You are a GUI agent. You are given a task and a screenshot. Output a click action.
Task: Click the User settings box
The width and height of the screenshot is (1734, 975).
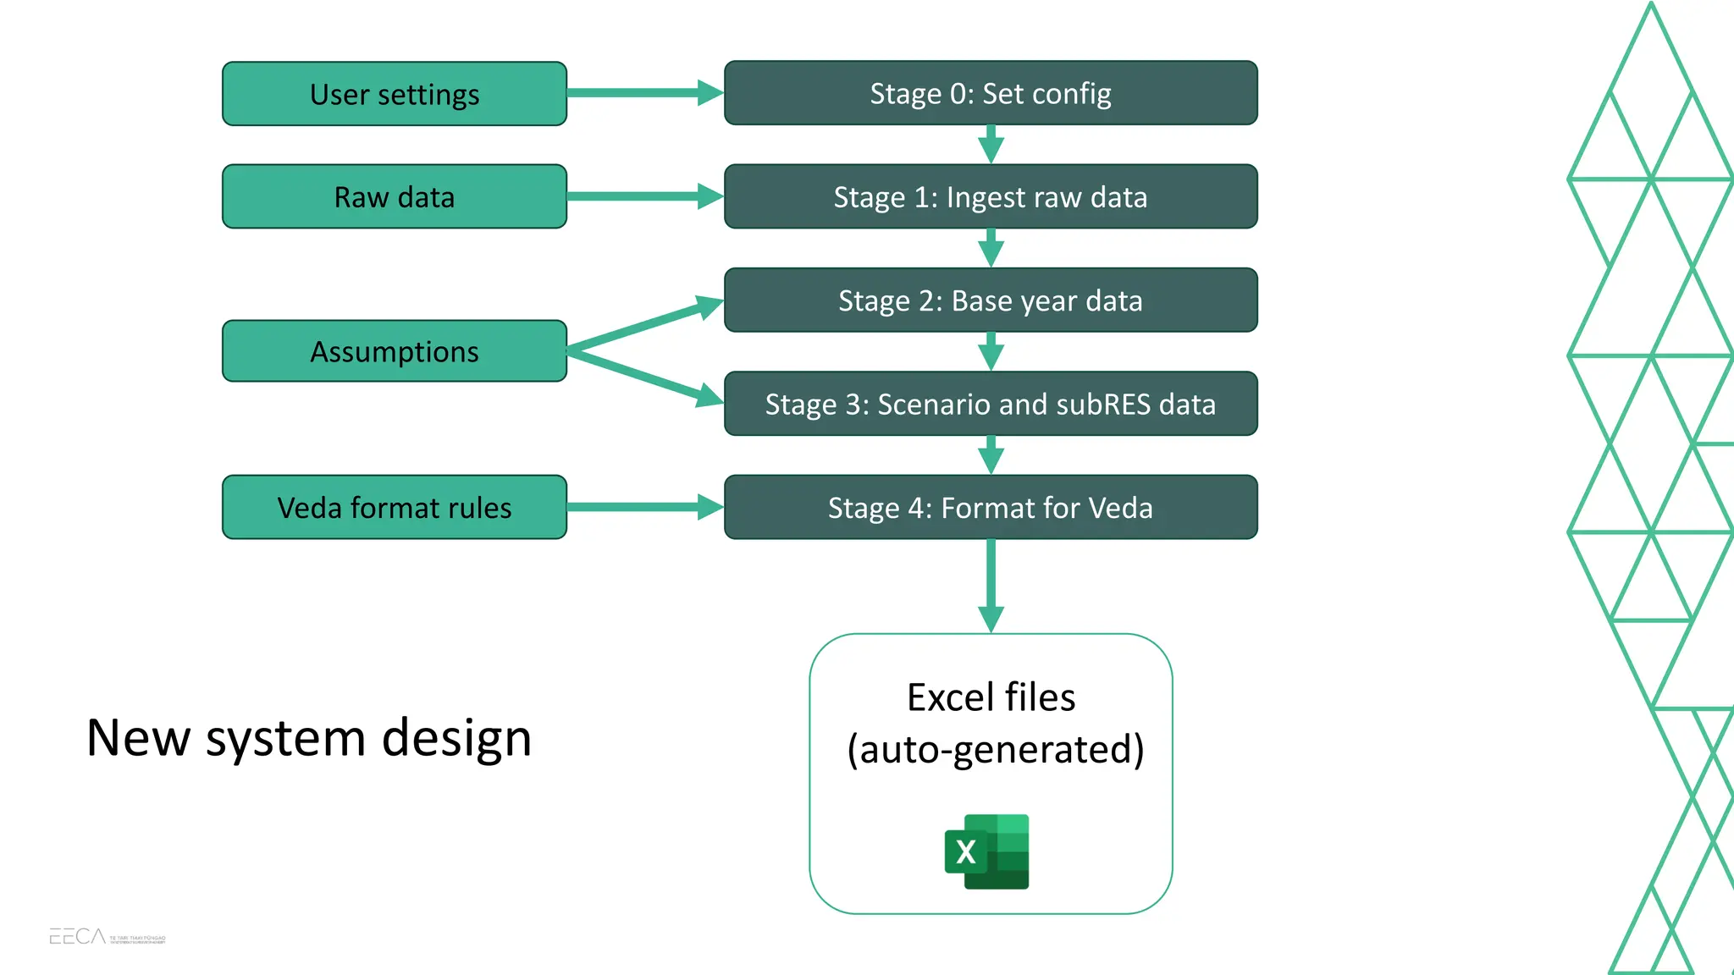[x=395, y=94]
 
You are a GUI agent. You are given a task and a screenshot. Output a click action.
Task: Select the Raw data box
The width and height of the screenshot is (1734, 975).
[x=395, y=196]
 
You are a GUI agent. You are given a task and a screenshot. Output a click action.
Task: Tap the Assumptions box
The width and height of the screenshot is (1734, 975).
[x=395, y=351]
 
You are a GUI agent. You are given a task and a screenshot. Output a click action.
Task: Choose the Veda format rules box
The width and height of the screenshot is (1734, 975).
[x=395, y=507]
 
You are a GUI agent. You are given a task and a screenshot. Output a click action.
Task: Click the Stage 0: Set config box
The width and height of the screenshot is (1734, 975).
[x=991, y=93]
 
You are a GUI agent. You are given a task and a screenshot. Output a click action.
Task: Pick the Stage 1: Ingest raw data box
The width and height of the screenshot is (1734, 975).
[x=991, y=196]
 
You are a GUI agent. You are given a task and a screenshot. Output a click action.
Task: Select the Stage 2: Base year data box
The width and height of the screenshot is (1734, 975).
[x=991, y=300]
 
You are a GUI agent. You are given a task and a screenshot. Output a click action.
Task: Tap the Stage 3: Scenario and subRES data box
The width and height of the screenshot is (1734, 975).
[x=991, y=404]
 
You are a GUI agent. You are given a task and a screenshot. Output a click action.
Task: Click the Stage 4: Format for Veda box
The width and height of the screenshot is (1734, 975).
[x=991, y=507]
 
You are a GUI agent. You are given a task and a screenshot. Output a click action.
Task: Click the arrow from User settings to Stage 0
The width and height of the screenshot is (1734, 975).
[x=643, y=93]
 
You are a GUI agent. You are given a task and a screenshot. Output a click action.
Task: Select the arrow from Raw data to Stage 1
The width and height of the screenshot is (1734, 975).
[x=643, y=196]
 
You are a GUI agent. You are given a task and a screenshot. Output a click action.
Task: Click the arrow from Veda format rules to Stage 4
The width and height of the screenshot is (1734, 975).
[x=643, y=507]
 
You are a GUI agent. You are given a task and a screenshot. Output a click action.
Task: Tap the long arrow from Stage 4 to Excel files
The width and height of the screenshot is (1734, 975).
[x=991, y=584]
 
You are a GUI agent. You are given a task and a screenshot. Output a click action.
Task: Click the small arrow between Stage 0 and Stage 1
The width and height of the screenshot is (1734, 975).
[x=991, y=145]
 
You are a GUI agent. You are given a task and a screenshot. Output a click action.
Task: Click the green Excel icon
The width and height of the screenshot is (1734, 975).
[x=987, y=851]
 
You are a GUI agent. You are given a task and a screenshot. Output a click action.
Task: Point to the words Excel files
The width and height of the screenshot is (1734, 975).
[x=991, y=697]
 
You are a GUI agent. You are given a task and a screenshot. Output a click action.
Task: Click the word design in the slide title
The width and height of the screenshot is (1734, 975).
[x=456, y=738]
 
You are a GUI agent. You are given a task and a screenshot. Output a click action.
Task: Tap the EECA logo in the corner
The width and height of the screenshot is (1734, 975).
[x=78, y=936]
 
